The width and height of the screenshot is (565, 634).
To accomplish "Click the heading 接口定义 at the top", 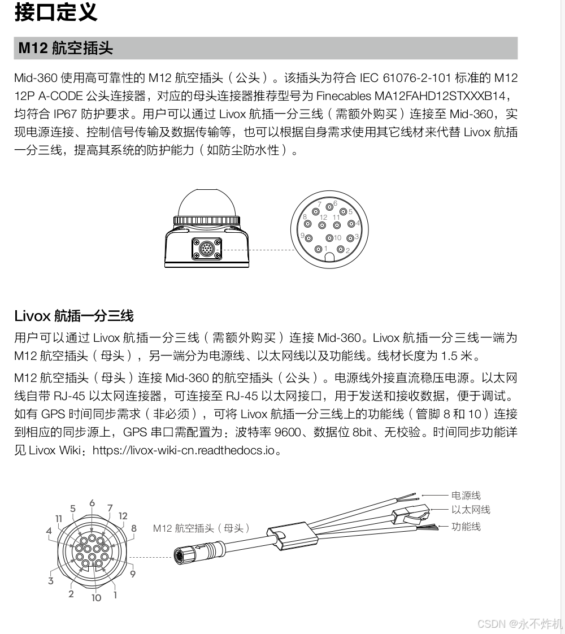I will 55,12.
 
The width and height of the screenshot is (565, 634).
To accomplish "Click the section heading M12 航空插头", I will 66,48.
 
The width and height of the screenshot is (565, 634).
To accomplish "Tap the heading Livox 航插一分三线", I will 73,315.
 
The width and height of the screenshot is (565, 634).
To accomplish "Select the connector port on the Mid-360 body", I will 206,248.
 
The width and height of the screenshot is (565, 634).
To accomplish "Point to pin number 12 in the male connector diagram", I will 324,218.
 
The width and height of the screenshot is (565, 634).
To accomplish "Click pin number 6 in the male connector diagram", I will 335,203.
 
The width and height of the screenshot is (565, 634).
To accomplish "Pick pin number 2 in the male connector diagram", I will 341,249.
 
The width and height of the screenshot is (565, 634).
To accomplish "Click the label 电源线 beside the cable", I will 466,496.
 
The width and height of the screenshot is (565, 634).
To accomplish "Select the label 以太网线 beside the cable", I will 470,510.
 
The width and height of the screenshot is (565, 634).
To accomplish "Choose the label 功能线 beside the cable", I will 466,527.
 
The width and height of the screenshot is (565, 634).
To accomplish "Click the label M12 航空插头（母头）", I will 201,528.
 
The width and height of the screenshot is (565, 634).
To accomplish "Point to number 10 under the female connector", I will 96,597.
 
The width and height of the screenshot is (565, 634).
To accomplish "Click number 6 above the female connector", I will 92,503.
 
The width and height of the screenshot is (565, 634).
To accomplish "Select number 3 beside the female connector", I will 51,580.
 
